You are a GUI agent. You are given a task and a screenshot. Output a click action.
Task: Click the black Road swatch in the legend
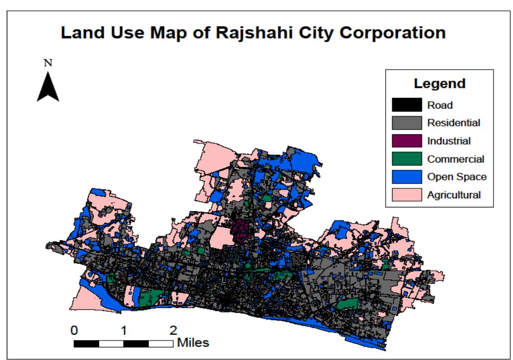(x=407, y=105)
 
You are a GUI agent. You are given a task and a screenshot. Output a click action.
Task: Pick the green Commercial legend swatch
(x=407, y=159)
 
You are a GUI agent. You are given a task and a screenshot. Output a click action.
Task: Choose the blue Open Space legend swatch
(x=407, y=177)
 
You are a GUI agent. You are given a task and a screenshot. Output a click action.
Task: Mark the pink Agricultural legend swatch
(x=407, y=195)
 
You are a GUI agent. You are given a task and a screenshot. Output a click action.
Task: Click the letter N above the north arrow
(x=48, y=63)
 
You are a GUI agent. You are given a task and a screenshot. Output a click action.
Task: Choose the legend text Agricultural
(x=454, y=195)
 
